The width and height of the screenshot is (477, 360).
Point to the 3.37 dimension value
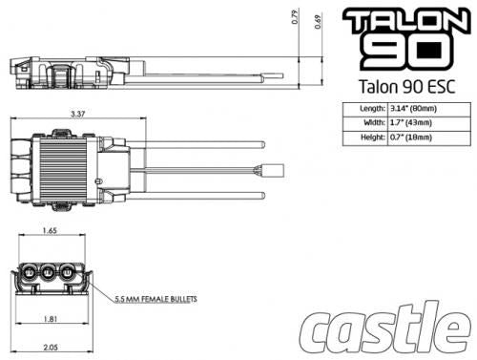[77, 114]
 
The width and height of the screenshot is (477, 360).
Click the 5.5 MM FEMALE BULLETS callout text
[155, 299]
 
